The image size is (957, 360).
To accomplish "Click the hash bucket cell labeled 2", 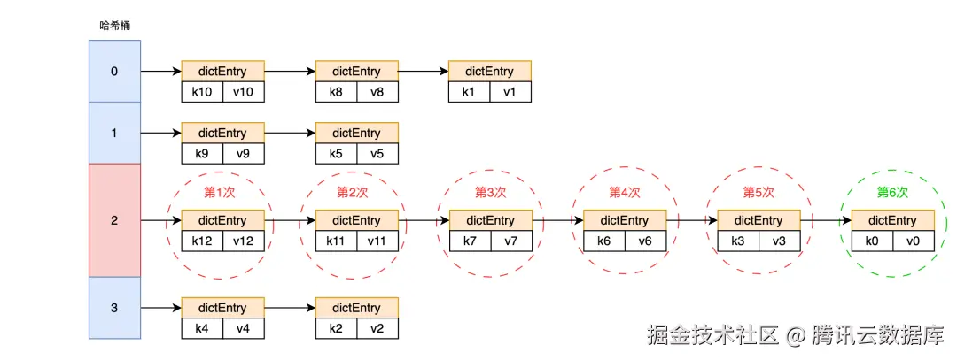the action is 114,220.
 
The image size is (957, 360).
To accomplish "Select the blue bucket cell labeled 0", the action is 114,72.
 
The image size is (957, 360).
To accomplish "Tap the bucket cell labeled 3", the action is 114,308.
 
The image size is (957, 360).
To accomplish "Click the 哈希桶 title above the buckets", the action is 114,27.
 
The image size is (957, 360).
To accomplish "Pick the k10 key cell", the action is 202,91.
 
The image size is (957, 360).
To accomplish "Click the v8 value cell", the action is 377,91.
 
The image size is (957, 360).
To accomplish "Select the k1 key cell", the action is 469,91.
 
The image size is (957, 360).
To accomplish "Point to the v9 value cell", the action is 244,154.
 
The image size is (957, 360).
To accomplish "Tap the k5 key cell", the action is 337,154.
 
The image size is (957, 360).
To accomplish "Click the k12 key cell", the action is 202,241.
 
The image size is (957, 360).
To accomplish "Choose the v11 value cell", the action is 377,241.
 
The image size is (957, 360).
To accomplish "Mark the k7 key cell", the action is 470,241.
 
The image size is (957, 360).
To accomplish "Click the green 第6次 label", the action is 892,193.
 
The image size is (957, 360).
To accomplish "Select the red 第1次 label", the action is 219,193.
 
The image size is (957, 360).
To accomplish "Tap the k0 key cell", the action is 872,241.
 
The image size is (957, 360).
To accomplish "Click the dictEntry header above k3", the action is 759,220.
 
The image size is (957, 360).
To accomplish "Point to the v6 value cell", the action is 645,241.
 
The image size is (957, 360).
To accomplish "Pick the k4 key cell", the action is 202,328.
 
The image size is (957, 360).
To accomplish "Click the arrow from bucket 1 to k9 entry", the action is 161,133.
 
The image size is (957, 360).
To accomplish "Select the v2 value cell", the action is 377,328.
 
